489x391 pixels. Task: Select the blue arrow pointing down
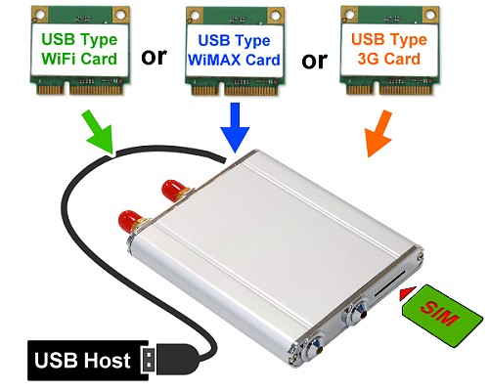tap(235, 127)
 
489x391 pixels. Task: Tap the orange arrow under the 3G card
tap(378, 134)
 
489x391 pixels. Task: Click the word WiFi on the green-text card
tap(59, 59)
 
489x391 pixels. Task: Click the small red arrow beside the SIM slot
tap(408, 292)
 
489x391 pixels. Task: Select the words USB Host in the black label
tap(82, 361)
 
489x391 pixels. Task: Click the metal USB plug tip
tap(149, 360)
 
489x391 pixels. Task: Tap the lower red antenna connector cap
tap(130, 221)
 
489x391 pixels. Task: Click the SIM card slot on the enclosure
tap(390, 282)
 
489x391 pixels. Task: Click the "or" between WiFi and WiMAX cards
tap(154, 57)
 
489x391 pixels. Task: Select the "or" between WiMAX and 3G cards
tap(314, 61)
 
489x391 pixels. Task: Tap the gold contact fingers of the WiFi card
tap(81, 89)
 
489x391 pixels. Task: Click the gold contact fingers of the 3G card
tap(390, 89)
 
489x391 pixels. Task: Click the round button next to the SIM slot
tap(358, 310)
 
